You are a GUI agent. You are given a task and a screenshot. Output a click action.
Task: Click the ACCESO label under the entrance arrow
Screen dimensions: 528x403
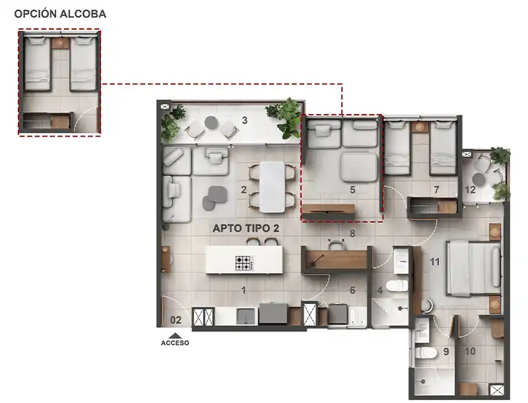[175, 343]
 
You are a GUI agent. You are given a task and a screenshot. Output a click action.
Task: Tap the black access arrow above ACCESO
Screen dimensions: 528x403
[175, 335]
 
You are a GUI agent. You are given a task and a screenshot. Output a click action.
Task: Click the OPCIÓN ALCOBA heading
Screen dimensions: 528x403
[60, 14]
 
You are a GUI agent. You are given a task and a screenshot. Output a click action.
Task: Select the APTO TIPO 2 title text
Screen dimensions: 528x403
[246, 228]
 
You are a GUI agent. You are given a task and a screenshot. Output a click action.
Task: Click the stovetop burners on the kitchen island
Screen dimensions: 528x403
[244, 263]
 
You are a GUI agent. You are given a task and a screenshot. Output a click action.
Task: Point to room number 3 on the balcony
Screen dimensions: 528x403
[245, 120]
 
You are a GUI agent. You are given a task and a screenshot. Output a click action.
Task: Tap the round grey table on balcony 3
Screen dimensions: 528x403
[211, 123]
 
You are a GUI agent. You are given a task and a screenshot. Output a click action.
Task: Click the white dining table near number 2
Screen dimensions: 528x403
[272, 187]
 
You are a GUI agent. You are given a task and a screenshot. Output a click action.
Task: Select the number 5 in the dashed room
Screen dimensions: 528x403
[352, 190]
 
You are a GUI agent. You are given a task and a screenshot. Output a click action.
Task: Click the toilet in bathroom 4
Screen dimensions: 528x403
[397, 286]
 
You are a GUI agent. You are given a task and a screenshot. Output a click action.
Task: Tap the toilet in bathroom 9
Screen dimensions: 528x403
[426, 353]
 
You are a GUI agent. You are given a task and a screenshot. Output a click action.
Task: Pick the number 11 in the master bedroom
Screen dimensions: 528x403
[435, 261]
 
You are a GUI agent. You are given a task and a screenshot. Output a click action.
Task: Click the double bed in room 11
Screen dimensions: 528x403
[474, 268]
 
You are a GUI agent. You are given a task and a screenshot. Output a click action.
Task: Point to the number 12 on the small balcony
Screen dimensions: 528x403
[470, 190]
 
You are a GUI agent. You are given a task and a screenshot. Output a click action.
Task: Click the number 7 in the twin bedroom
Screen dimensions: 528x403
[437, 190]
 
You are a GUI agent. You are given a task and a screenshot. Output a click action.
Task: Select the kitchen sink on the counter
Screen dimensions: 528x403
[247, 317]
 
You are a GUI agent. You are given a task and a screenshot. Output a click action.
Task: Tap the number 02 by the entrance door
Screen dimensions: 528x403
[176, 320]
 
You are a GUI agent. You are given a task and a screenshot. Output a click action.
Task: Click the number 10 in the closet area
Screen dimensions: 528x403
[470, 351]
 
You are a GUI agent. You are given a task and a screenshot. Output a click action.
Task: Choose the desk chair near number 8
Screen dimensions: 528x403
[336, 244]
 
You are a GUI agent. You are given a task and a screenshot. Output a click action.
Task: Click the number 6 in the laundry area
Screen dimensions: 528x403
[352, 290]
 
